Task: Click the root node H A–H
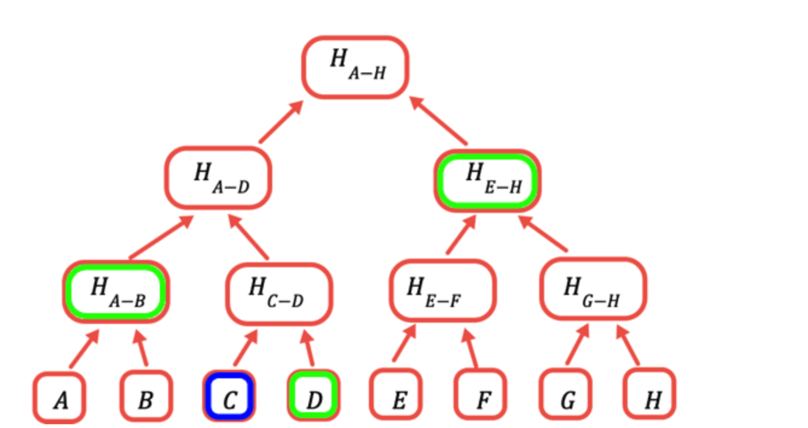coord(356,66)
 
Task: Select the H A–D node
coord(218,178)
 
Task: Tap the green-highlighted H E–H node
coord(487,180)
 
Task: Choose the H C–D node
coord(279,293)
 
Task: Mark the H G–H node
coord(593,290)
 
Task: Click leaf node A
coord(59,397)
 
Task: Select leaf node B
coord(146,396)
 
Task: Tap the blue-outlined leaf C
coord(229,396)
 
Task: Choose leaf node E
coord(396,395)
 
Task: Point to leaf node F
coord(481,395)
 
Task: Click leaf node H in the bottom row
coord(650,395)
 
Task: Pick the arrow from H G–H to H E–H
coord(543,234)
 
